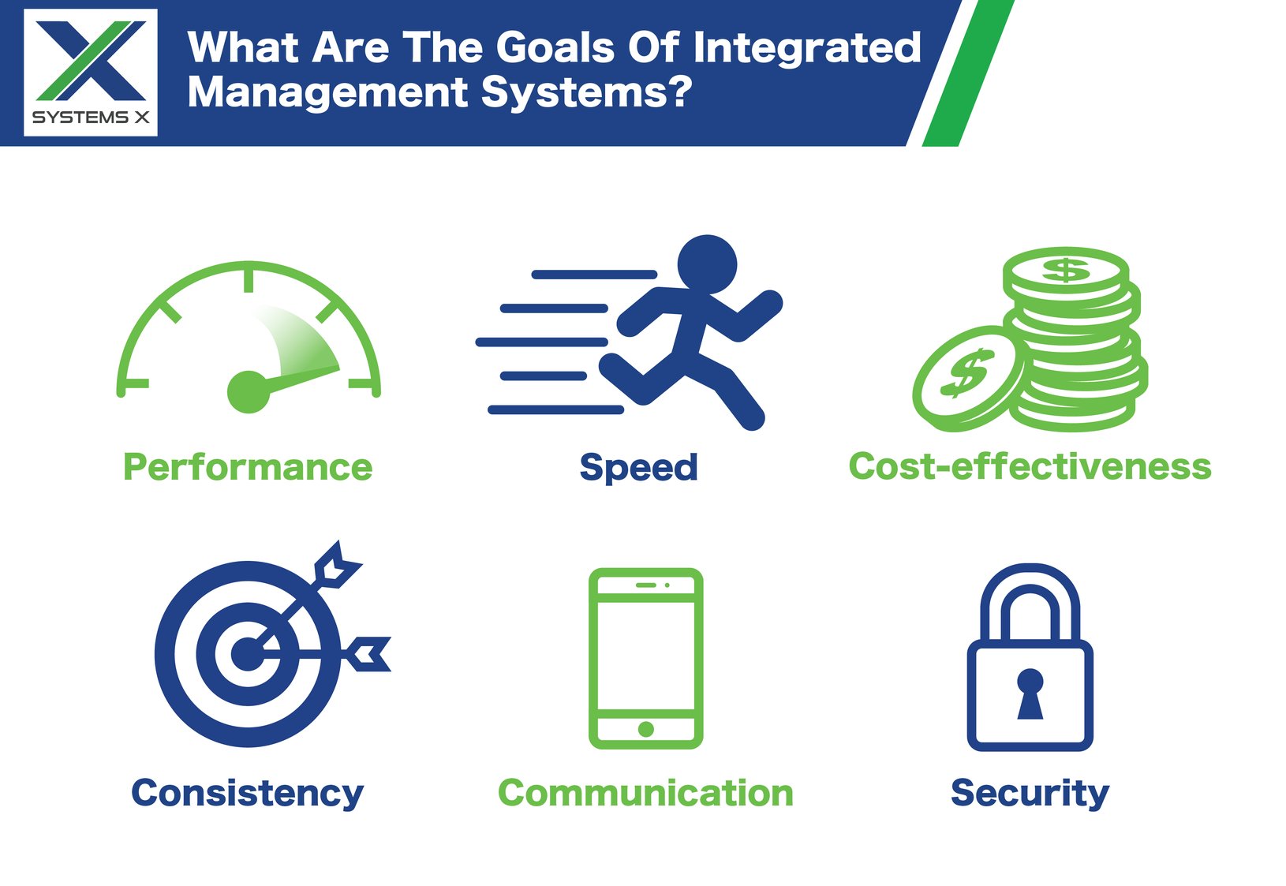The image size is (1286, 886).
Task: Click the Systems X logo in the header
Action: (x=91, y=73)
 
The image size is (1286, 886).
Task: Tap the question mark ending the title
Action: (x=678, y=92)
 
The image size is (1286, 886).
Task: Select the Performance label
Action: (x=248, y=467)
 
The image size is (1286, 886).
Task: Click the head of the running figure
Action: (x=707, y=264)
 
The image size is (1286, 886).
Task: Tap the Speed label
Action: (x=638, y=467)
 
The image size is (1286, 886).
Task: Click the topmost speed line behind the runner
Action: (x=594, y=275)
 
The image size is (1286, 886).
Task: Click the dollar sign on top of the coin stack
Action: (x=1066, y=270)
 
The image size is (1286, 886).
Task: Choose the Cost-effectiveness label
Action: (x=1030, y=466)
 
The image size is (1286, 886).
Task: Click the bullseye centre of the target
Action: (x=248, y=654)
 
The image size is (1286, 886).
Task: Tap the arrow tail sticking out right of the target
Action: (x=368, y=653)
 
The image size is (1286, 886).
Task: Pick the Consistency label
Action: (x=248, y=793)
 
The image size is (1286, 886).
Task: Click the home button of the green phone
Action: (x=645, y=729)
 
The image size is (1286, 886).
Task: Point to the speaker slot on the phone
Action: (x=645, y=585)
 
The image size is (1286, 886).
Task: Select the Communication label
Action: (x=645, y=793)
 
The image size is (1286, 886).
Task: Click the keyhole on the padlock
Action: (x=1030, y=693)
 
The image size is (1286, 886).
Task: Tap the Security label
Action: (x=1030, y=793)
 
